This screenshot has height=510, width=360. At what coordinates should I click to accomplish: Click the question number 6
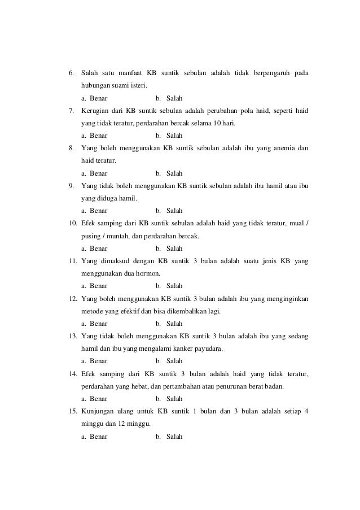coord(71,73)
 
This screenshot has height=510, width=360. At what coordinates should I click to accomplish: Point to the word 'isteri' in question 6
coord(137,86)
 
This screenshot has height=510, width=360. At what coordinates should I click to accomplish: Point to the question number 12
coord(72,299)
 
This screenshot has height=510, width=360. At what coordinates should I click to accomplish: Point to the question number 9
coord(71,186)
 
